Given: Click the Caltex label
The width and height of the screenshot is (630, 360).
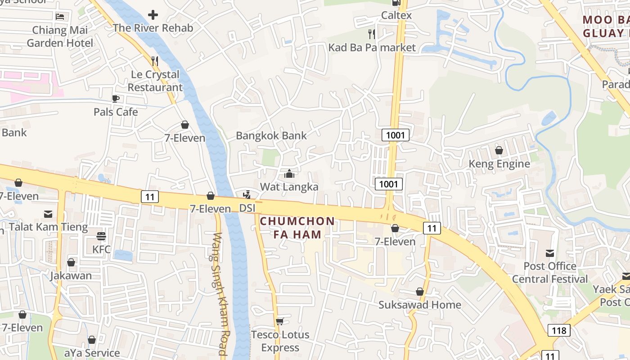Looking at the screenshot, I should click(396, 15).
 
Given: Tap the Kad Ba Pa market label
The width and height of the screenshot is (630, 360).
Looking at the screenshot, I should click(372, 47).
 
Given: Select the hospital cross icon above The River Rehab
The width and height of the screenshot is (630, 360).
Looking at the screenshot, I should click(153, 15).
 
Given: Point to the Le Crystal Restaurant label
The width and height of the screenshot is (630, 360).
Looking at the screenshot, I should click(155, 81).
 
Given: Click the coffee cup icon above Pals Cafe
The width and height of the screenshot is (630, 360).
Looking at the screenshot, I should click(116, 99).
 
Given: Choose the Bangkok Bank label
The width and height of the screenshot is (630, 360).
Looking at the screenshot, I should click(271, 135).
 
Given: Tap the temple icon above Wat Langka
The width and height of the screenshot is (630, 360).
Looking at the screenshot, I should click(289, 174).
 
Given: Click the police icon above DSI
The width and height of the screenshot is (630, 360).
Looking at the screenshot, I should click(247, 195).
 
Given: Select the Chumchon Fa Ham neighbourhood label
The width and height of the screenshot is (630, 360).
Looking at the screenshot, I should click(297, 228).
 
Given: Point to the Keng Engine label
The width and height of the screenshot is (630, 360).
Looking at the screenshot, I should click(499, 164).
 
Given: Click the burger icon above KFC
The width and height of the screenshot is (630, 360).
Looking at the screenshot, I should click(101, 236).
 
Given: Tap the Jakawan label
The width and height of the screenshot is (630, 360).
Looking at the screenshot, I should click(71, 275).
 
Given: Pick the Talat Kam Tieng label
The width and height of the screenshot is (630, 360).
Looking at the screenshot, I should click(48, 227).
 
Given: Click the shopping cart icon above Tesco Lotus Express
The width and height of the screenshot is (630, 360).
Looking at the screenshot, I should click(280, 321).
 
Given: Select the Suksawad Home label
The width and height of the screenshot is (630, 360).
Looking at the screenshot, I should click(419, 305).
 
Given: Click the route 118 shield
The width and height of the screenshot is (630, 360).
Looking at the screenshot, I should click(559, 330).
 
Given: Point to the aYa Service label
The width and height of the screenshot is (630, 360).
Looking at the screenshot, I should click(92, 353).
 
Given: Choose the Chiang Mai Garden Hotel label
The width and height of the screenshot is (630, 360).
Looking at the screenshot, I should click(60, 37).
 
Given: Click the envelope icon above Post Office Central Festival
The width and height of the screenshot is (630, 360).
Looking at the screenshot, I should click(550, 253).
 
